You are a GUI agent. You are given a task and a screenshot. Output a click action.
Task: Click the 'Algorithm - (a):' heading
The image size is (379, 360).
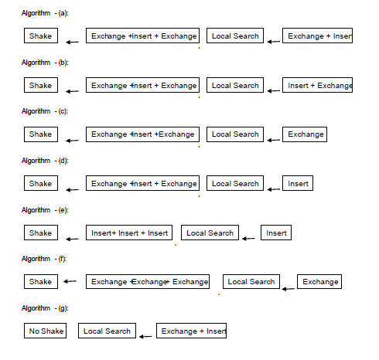click(45, 13)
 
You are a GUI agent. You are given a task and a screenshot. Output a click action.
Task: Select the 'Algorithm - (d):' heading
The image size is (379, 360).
click(45, 161)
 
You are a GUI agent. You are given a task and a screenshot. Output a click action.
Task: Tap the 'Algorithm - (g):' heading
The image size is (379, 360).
click(45, 308)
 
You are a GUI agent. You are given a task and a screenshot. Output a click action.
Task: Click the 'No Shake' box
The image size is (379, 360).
click(45, 331)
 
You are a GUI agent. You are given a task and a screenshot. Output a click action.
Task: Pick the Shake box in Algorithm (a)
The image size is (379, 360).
click(41, 36)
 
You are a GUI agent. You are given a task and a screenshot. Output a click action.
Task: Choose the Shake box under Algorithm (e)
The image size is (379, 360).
click(41, 233)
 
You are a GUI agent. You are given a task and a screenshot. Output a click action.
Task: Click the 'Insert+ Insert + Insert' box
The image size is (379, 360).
click(129, 233)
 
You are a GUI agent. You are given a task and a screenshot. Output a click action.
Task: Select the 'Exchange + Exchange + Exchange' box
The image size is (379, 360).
click(148, 281)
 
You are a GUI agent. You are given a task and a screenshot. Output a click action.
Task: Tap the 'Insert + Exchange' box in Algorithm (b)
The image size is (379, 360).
click(317, 85)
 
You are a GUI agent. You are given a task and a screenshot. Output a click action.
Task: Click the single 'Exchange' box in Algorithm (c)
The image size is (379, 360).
click(305, 134)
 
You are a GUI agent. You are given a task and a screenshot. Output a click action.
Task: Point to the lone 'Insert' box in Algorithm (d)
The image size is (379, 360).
click(298, 183)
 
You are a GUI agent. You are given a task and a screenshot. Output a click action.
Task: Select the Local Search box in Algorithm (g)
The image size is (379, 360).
click(107, 331)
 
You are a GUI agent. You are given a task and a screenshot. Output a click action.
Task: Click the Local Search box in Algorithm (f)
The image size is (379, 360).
click(251, 281)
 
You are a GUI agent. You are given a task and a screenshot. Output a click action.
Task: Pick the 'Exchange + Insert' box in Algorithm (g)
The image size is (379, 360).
click(191, 331)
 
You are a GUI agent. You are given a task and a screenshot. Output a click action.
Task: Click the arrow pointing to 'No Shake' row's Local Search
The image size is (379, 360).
click(145, 336)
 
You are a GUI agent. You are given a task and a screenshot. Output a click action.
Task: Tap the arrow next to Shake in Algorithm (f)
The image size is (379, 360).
click(70, 281)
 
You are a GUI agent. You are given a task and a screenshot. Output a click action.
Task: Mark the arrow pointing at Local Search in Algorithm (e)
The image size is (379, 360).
click(248, 239)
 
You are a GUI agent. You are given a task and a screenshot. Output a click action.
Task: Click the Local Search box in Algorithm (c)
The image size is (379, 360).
click(235, 134)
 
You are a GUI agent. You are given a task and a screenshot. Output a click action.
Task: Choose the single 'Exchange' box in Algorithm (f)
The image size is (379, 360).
click(319, 281)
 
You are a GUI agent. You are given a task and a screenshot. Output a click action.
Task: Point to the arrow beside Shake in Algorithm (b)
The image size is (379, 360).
click(73, 91)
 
